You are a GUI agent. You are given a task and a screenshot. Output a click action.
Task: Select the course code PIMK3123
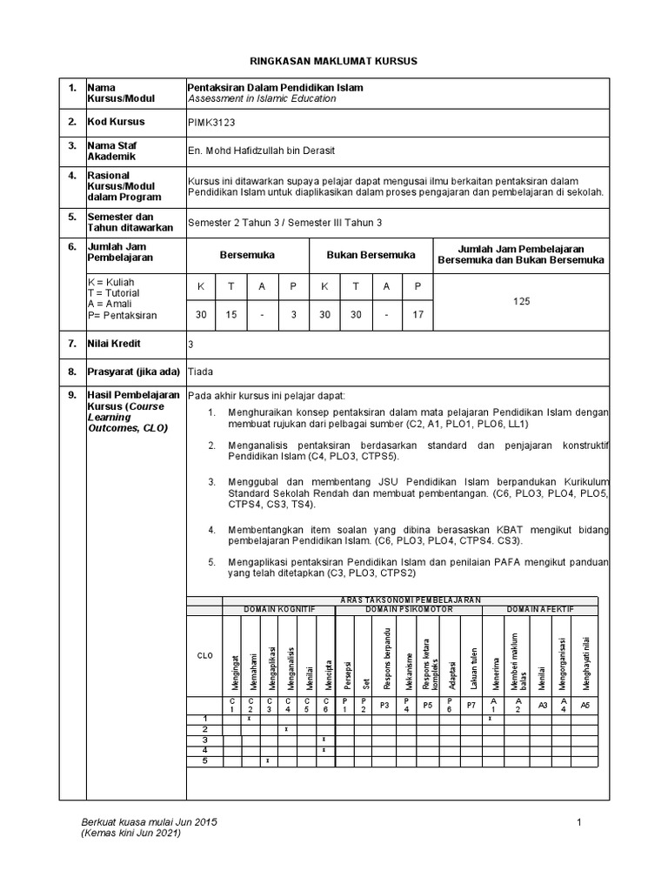pyautogui.click(x=211, y=123)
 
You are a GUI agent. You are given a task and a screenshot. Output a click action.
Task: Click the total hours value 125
pyautogui.click(x=521, y=300)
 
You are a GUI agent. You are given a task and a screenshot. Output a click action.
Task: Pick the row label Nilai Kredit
pyautogui.click(x=114, y=344)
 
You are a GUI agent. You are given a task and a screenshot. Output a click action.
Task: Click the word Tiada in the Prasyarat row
pyautogui.click(x=201, y=372)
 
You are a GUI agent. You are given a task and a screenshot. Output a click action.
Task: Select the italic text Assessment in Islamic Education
pyautogui.click(x=262, y=99)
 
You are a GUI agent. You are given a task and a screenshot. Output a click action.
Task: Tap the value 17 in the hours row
pyautogui.click(x=417, y=314)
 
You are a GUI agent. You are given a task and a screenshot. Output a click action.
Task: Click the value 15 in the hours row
pyautogui.click(x=231, y=314)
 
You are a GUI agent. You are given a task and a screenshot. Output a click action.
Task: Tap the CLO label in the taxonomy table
pyautogui.click(x=204, y=657)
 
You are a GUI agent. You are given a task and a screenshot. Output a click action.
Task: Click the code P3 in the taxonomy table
pyautogui.click(x=384, y=706)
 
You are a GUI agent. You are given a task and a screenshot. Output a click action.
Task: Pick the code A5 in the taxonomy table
pyautogui.click(x=584, y=706)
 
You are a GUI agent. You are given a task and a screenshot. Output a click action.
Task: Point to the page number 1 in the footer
pyautogui.click(x=578, y=822)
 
